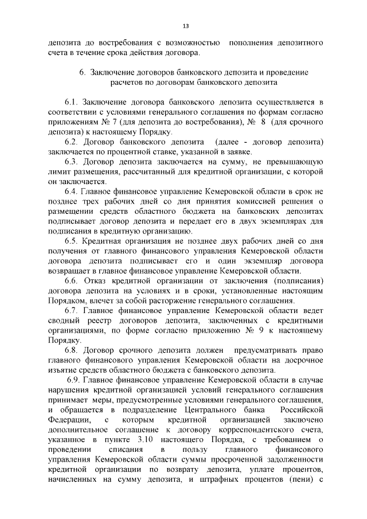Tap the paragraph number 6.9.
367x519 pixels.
75,382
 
